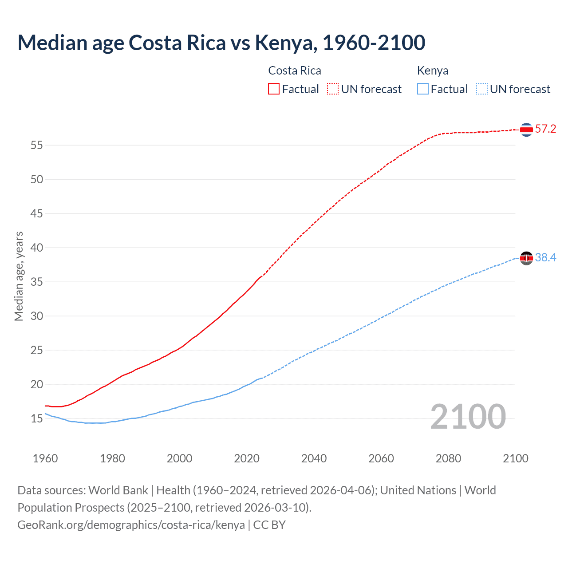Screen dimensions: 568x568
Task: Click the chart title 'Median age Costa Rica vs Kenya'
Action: tap(221, 43)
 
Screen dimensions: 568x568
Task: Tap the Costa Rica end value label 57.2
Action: tap(545, 129)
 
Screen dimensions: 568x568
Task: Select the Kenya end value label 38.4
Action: tap(545, 258)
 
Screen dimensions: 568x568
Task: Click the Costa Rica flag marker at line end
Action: tap(526, 130)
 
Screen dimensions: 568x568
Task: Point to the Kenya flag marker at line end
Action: tap(526, 258)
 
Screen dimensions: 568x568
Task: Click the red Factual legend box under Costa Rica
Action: tap(274, 89)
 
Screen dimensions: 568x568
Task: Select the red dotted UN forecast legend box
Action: tap(333, 89)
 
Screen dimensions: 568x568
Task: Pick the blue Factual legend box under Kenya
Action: tap(422, 89)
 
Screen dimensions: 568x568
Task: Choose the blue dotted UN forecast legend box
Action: tap(481, 89)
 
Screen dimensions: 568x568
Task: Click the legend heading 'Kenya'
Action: tap(432, 71)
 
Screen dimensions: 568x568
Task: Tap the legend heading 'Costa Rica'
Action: tap(294, 71)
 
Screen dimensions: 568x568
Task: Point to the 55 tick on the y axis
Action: tap(37, 145)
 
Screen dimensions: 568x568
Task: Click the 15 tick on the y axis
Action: tap(37, 418)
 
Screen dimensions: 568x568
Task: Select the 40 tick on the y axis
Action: tap(37, 248)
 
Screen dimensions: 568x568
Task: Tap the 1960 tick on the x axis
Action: tap(45, 458)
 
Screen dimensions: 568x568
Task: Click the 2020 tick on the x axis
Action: tap(247, 458)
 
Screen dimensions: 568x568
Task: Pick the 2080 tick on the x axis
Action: tap(448, 458)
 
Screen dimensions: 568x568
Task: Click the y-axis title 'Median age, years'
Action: tap(19, 276)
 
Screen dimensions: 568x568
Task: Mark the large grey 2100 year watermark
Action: tap(468, 417)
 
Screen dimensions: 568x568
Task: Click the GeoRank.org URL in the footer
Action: tap(131, 525)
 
